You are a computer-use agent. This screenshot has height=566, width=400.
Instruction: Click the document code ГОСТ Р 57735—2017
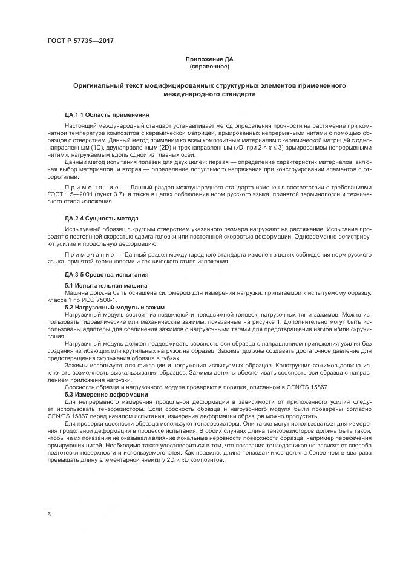click(80, 41)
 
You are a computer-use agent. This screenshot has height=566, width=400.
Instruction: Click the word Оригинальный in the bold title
click(97, 87)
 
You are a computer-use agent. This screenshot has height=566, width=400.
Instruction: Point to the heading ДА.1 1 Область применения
click(107, 115)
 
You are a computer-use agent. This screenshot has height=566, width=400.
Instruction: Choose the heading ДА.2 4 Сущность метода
click(102, 218)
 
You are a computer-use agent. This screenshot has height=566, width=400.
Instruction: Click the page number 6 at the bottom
click(48, 515)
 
